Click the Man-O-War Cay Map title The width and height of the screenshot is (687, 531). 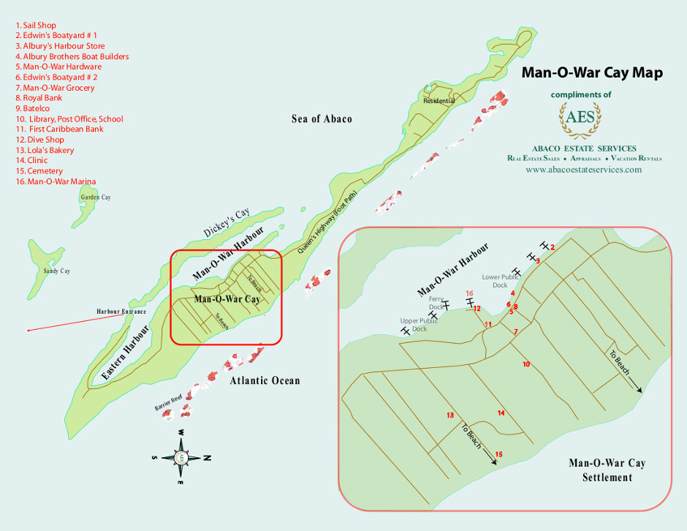(591, 73)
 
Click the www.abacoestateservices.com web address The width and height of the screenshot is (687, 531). (583, 169)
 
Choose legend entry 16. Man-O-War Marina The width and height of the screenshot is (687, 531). (56, 181)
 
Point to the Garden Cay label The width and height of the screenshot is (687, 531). (96, 197)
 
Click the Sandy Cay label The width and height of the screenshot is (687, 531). (56, 271)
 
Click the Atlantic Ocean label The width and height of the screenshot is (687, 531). (265, 380)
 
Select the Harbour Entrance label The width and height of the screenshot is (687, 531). (121, 312)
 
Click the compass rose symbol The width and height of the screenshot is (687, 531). (180, 458)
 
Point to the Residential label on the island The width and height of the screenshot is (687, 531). (439, 101)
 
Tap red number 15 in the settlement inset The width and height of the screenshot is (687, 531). (498, 454)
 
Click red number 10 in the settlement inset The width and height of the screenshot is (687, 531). (525, 364)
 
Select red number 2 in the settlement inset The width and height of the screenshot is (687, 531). (553, 247)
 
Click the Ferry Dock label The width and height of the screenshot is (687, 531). (436, 302)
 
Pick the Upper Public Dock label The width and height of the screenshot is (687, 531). (419, 325)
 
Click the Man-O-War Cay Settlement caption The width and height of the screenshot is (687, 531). (607, 470)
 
